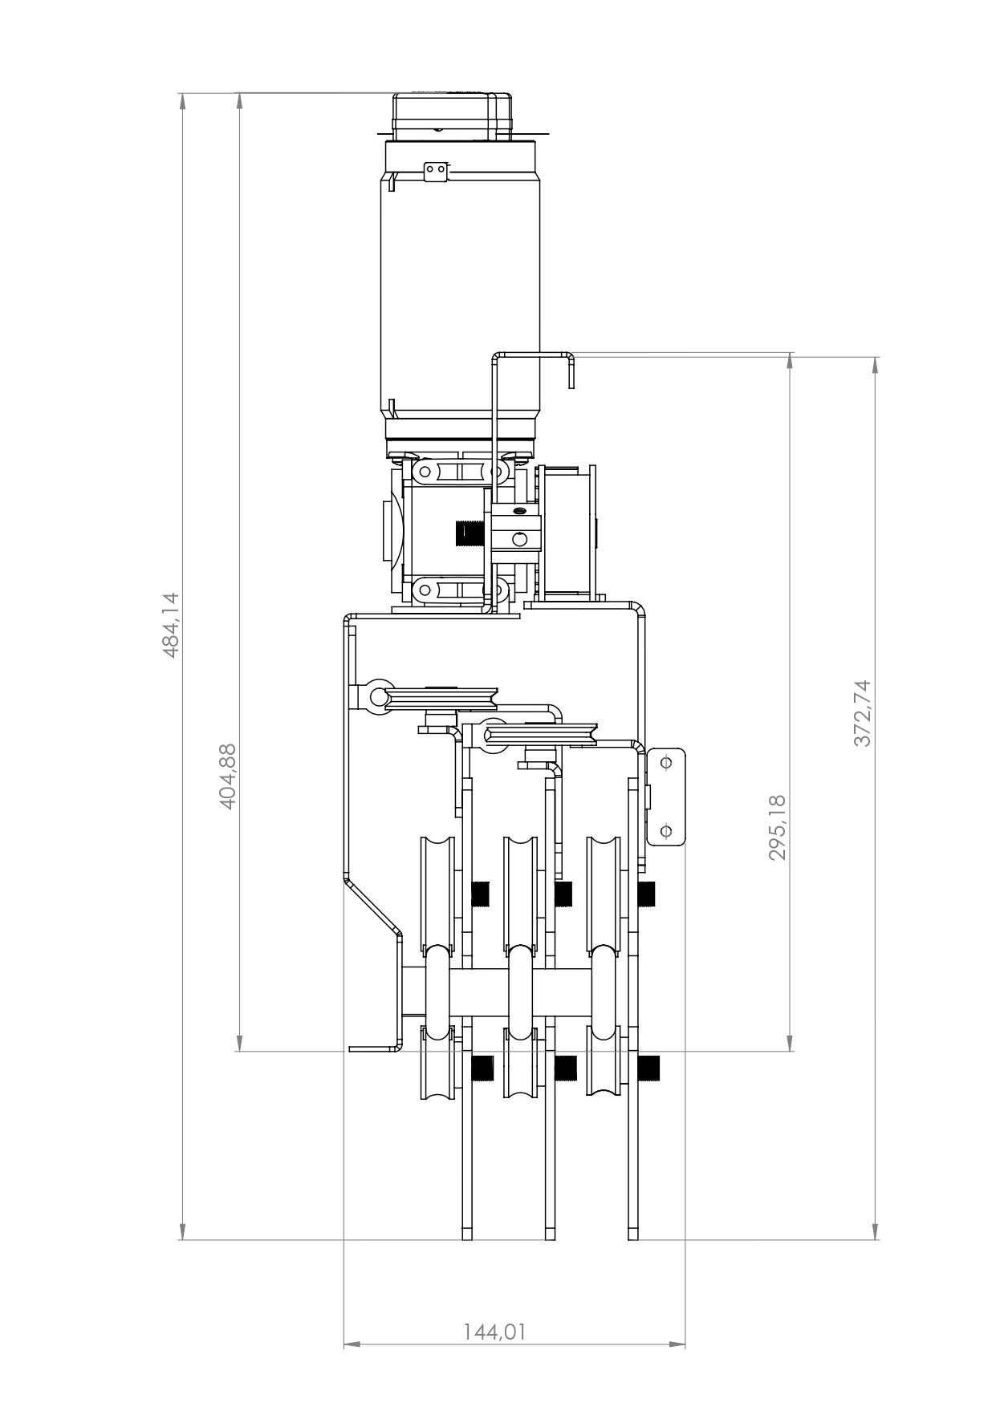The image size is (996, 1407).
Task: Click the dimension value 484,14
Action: click(x=171, y=626)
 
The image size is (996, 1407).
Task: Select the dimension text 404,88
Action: click(x=228, y=776)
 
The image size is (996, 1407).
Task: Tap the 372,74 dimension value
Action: click(x=862, y=713)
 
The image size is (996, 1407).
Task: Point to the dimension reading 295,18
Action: click(x=777, y=827)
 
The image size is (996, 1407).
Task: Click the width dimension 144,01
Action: click(x=495, y=1332)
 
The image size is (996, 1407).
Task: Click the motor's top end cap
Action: click(x=452, y=117)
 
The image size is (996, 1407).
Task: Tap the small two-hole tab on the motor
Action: click(x=436, y=170)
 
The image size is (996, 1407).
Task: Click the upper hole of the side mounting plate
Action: click(x=665, y=763)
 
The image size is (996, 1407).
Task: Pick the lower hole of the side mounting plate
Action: click(x=665, y=831)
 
